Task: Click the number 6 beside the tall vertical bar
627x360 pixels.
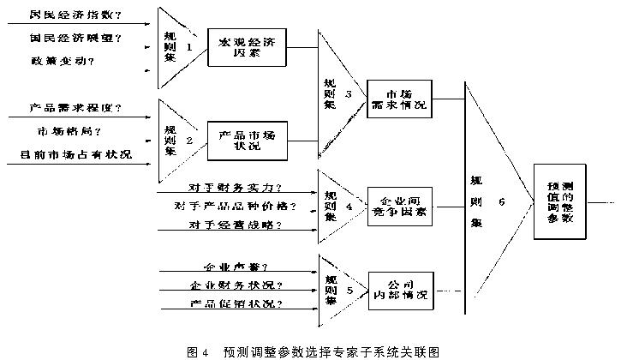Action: [x=502, y=202]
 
